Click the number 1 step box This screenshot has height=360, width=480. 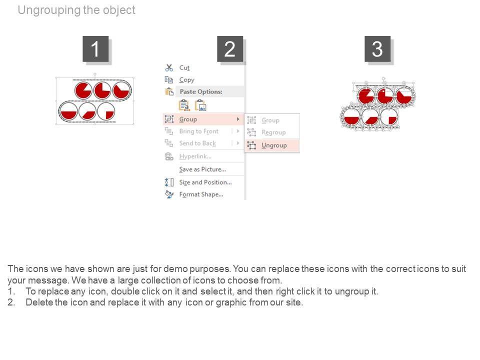[95, 49]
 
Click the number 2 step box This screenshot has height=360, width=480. [230, 49]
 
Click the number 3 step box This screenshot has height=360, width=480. [377, 49]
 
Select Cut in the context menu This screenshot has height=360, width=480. [184, 67]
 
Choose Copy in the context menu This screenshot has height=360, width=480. [186, 80]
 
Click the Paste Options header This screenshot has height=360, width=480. [201, 91]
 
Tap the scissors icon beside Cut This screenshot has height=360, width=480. [169, 67]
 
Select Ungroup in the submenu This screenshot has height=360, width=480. [274, 145]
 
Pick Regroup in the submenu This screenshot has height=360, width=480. [273, 132]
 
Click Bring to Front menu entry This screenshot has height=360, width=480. [199, 131]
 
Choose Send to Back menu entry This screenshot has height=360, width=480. [197, 143]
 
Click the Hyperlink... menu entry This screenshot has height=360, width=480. [195, 156]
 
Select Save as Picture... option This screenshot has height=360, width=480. [202, 169]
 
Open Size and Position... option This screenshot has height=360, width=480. [205, 182]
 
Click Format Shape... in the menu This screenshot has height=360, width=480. [201, 194]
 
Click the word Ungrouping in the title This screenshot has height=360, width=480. [49, 10]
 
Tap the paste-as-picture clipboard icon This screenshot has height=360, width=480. [201, 105]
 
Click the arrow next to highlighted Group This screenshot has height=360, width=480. [238, 119]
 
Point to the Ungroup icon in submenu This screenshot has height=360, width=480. [251, 145]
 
